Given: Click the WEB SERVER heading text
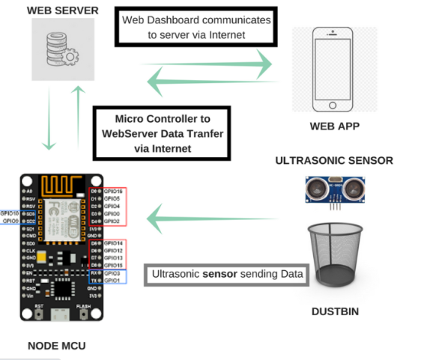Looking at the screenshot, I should click(64, 10).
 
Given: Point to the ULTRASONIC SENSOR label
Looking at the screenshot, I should click(334, 160).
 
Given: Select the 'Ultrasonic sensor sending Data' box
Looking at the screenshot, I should click(225, 275).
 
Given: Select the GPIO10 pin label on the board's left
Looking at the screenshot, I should click(10, 213).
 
